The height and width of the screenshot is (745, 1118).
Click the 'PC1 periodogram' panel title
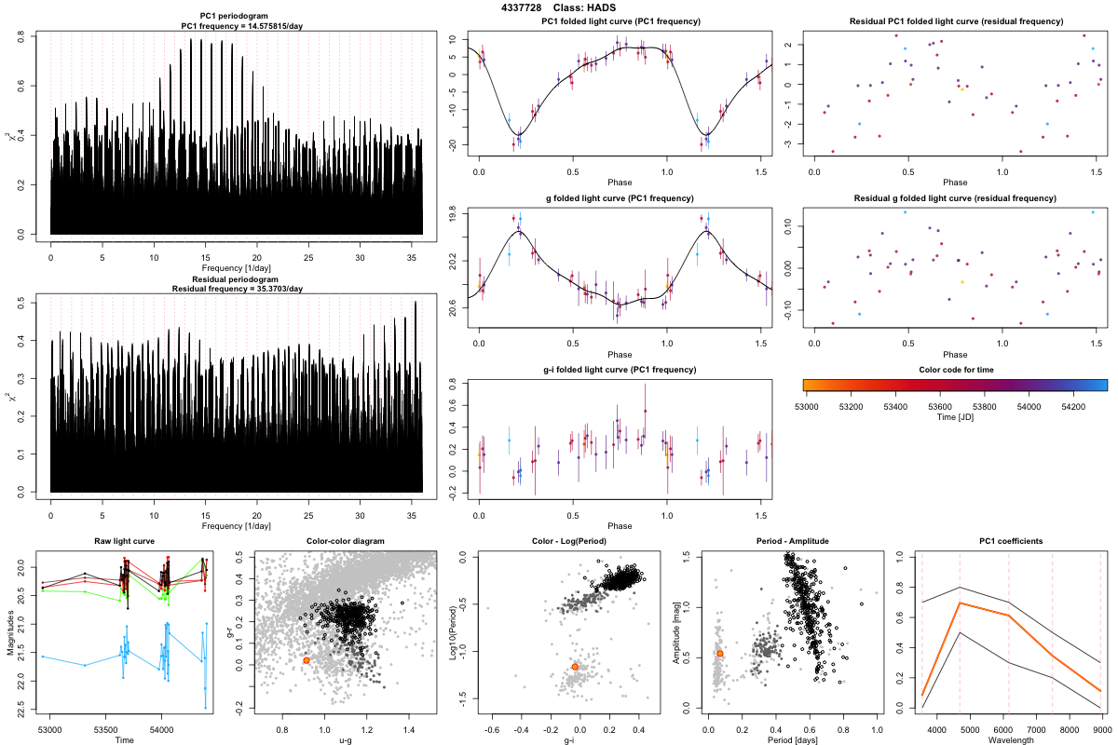click(x=236, y=18)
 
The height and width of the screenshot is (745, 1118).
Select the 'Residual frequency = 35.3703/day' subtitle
click(x=236, y=289)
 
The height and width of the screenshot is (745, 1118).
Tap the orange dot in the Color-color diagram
click(x=306, y=660)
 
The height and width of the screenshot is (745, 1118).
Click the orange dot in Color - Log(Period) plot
click(x=575, y=667)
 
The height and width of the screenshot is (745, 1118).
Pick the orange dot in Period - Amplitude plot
click(x=719, y=654)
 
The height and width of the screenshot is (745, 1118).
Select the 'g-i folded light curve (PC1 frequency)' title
click(x=620, y=370)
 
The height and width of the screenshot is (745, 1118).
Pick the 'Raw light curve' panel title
click(x=124, y=541)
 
